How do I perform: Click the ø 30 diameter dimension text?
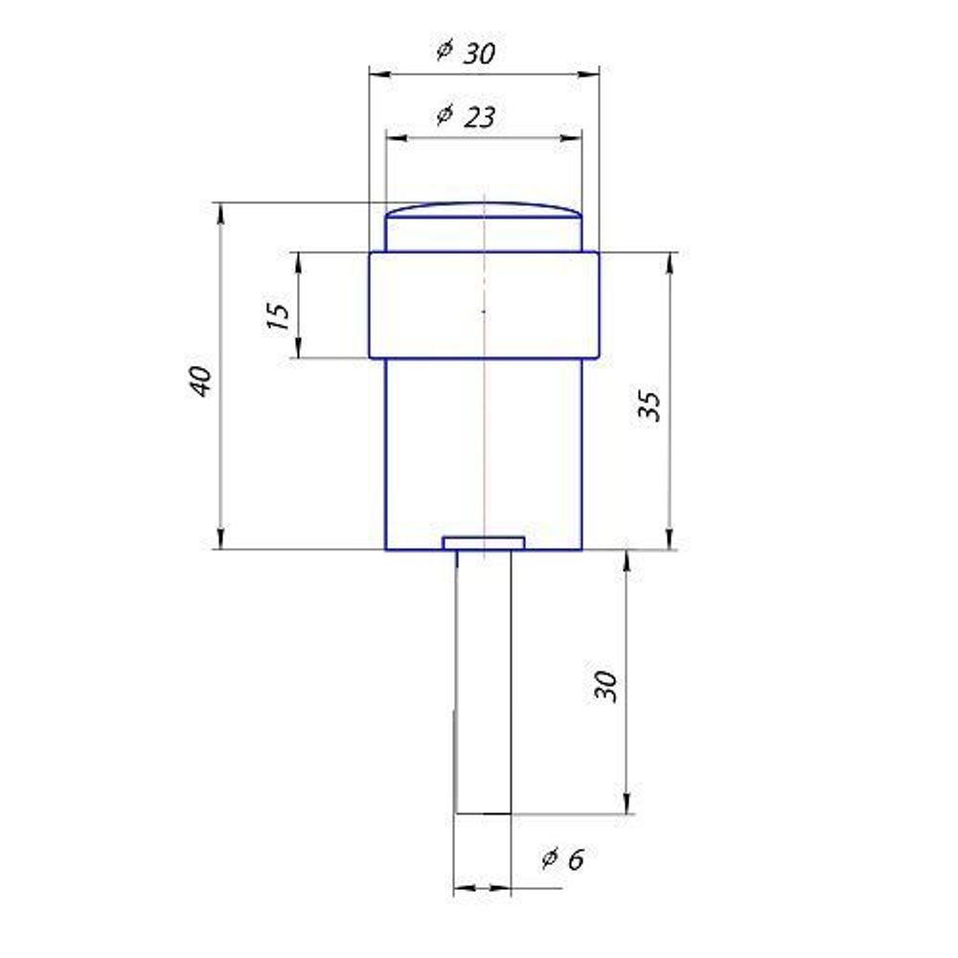(467, 52)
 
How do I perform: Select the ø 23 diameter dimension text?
(467, 116)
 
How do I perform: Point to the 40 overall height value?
(200, 382)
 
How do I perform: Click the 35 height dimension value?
(651, 407)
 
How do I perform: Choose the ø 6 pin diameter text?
(562, 858)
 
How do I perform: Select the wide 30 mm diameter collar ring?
(484, 305)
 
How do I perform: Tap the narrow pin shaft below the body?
(484, 680)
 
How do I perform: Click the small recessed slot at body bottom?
(484, 543)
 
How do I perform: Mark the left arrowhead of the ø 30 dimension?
(377, 73)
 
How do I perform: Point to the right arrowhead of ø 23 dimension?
(573, 138)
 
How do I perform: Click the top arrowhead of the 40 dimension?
(221, 210)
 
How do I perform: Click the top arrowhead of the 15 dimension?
(298, 260)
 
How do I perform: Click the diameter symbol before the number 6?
(550, 857)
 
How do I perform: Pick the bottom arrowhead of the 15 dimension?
(298, 350)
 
